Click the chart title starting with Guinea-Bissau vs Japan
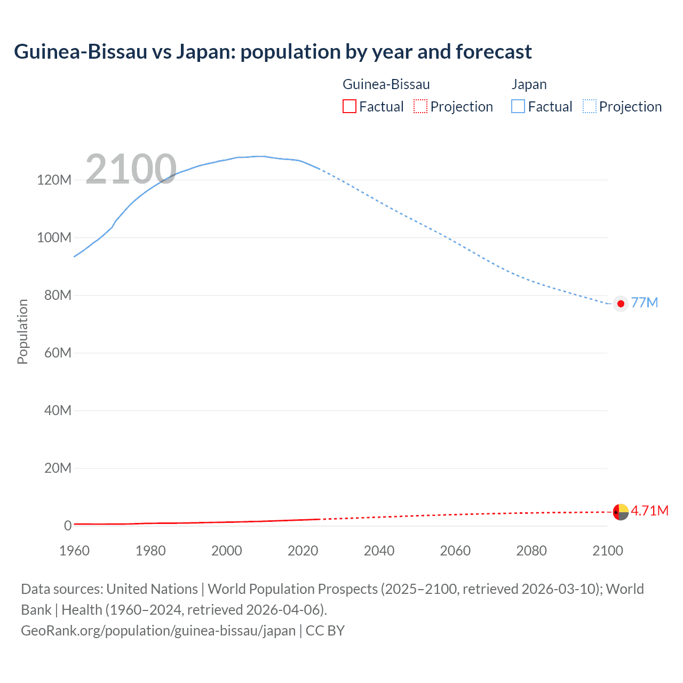pyautogui.click(x=273, y=52)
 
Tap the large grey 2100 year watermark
pyautogui.click(x=131, y=169)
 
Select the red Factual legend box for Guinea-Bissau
pyautogui.click(x=350, y=107)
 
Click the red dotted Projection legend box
pyautogui.click(x=420, y=107)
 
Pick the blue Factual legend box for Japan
pyautogui.click(x=518, y=107)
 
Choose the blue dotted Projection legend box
pyautogui.click(x=590, y=107)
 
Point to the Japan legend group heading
pyautogui.click(x=529, y=84)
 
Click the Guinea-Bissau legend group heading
pyautogui.click(x=386, y=84)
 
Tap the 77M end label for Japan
pyautogui.click(x=644, y=303)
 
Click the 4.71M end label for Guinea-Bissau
pyautogui.click(x=649, y=511)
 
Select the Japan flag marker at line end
pyautogui.click(x=621, y=304)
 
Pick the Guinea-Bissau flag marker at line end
pyautogui.click(x=621, y=512)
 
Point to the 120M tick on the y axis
pyautogui.click(x=54, y=180)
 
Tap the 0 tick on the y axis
pyautogui.click(x=68, y=526)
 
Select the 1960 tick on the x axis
pyautogui.click(x=74, y=551)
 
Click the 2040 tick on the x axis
pyautogui.click(x=379, y=551)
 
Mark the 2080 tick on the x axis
pyautogui.click(x=531, y=551)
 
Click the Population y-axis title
pyautogui.click(x=22, y=331)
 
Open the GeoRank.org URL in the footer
pyautogui.click(x=158, y=631)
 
